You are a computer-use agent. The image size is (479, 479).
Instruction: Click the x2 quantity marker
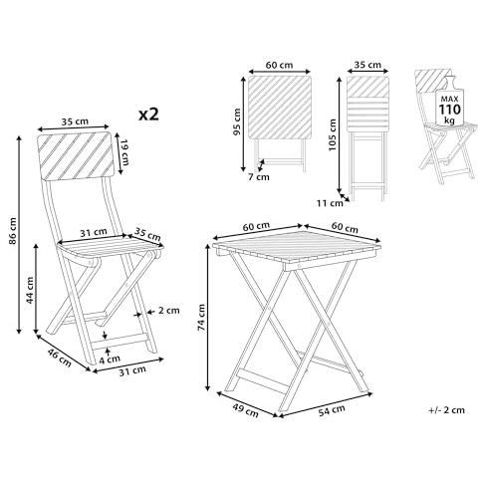(x=148, y=115)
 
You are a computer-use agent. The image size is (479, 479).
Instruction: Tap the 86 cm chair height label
(x=13, y=231)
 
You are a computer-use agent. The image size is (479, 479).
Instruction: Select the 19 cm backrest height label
(x=124, y=153)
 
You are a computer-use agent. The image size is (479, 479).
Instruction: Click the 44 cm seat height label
(x=30, y=290)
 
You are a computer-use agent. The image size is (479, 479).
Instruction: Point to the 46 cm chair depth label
(x=60, y=358)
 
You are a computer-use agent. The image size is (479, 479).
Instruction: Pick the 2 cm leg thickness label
(x=168, y=311)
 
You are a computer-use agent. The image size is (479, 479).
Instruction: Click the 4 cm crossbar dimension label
(x=110, y=359)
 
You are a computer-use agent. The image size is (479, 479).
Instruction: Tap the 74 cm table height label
(x=201, y=317)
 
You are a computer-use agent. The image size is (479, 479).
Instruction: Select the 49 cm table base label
(x=245, y=409)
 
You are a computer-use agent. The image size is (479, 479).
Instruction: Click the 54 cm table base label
(x=332, y=410)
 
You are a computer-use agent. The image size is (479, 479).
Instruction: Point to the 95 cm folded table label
(x=237, y=121)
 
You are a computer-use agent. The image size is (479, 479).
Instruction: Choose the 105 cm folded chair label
(x=333, y=134)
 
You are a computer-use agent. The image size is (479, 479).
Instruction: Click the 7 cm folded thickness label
(x=259, y=177)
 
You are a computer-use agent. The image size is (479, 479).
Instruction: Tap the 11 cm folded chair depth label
(x=330, y=203)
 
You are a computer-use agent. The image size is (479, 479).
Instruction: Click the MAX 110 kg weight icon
(x=450, y=104)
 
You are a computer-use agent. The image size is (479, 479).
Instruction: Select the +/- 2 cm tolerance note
(x=446, y=410)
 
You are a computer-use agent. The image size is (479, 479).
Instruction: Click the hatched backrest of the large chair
(x=76, y=155)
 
